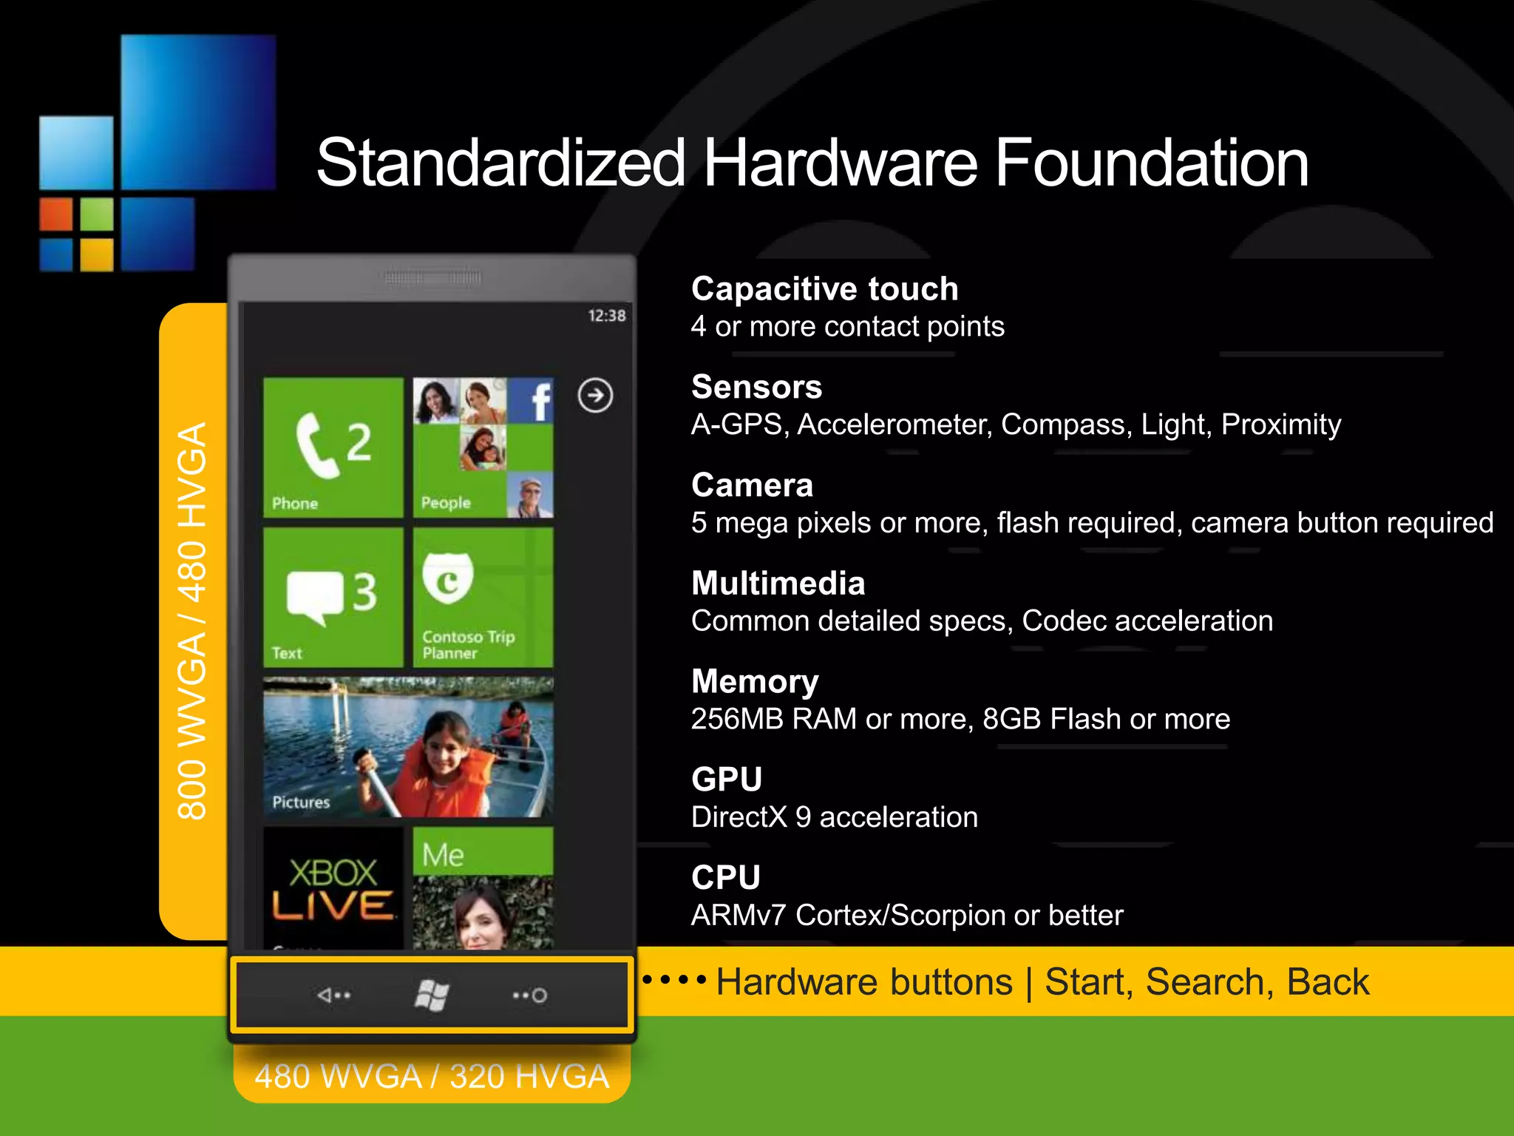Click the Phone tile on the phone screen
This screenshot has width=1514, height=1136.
click(x=333, y=447)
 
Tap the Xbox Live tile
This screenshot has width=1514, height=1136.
click(x=333, y=887)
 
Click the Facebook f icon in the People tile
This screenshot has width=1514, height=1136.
click(x=540, y=401)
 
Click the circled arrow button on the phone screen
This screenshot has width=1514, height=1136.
click(x=595, y=395)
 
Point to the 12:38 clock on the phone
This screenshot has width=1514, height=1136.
click(x=606, y=316)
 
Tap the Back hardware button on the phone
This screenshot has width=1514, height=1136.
click(x=334, y=995)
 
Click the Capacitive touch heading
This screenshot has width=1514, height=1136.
click(x=824, y=288)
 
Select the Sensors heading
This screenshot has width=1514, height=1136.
click(x=756, y=387)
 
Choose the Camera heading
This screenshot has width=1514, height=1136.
click(x=752, y=485)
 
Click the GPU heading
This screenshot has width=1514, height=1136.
click(x=727, y=780)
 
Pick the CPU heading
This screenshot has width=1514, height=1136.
click(x=725, y=878)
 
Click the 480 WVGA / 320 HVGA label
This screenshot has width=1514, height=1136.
click(x=432, y=1076)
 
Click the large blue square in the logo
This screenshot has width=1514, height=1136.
click(x=198, y=112)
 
